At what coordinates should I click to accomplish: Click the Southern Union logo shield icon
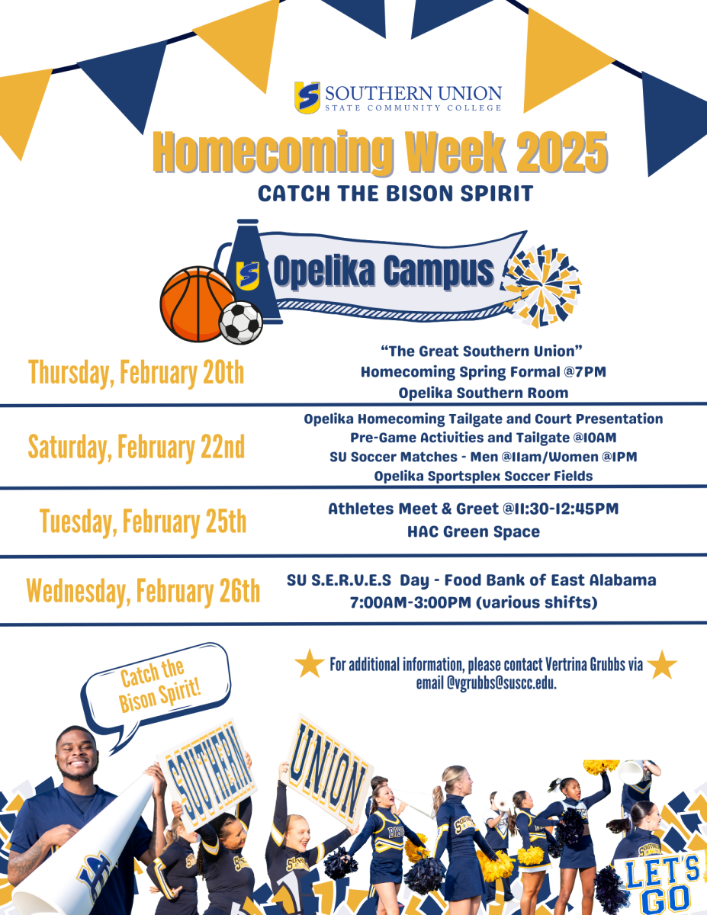[307, 97]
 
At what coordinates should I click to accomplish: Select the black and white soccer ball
[241, 323]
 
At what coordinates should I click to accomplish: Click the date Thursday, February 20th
[137, 373]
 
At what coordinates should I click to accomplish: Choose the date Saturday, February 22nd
[137, 447]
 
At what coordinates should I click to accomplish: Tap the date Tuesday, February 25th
[143, 522]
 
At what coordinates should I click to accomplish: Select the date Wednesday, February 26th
[143, 592]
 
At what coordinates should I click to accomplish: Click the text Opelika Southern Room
[484, 393]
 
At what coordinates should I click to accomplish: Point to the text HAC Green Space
[473, 531]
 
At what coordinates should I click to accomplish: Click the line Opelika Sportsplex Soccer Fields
[484, 476]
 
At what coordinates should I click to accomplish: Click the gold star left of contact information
[310, 664]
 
